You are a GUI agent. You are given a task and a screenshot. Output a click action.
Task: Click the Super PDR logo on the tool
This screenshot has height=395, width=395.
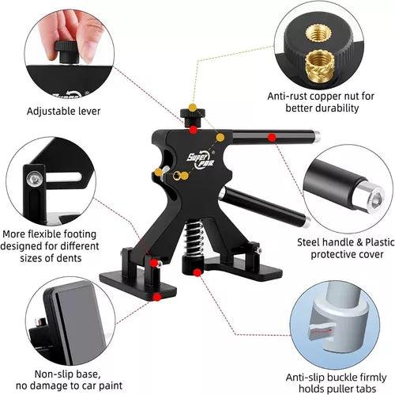(x=201, y=159)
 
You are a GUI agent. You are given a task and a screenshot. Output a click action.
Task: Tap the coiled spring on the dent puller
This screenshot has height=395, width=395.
(x=194, y=238)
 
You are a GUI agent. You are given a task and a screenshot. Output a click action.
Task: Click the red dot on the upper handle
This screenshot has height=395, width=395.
(x=272, y=137)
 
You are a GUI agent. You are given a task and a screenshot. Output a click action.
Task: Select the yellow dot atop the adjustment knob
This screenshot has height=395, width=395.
(x=193, y=108)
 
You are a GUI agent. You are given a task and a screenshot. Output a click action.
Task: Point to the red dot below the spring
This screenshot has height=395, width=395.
(x=197, y=272)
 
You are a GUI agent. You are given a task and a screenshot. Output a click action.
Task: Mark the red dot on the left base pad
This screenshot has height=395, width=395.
(x=157, y=298)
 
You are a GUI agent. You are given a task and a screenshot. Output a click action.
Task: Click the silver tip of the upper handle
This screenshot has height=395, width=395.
(x=317, y=136)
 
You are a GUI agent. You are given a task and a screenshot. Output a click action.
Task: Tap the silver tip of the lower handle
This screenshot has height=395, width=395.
(x=307, y=222)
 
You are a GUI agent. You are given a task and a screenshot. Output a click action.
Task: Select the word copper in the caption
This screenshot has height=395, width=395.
(x=325, y=97)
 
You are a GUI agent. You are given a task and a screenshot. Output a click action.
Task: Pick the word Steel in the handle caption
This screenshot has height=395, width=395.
(x=309, y=242)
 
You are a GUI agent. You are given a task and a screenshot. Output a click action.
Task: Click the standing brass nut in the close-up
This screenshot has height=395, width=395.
(x=320, y=66)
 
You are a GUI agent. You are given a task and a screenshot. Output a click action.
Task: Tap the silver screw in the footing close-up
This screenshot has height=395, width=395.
(x=34, y=179)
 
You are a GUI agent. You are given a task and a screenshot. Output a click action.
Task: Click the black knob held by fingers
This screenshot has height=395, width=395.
(x=67, y=51)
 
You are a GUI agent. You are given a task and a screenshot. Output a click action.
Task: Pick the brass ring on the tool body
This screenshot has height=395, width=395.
(x=177, y=176)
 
